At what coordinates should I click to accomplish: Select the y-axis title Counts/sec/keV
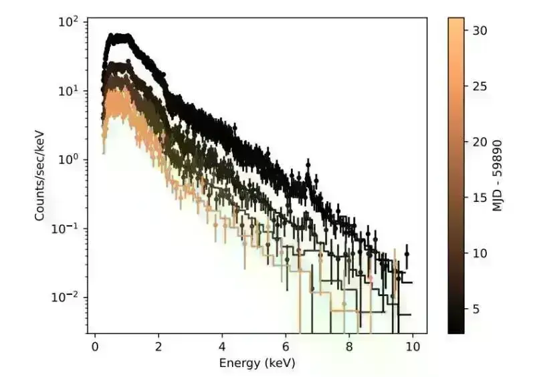pos(41,175)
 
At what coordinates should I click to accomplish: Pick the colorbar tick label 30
pos(479,30)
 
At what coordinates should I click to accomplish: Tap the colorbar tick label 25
pos(479,86)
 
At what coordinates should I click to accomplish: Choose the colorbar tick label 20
pos(479,142)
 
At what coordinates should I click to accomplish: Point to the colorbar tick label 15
pos(479,198)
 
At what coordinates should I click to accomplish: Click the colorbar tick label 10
pos(479,253)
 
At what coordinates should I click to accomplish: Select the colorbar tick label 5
pos(476,309)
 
